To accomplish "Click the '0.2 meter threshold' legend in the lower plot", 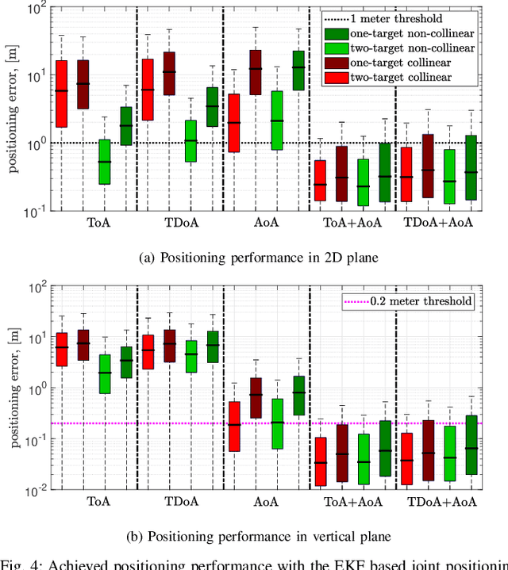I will point(408,301).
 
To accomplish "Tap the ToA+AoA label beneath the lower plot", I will point(352,502).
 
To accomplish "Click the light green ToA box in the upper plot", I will point(104,162).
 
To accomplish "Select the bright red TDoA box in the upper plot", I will point(147,90).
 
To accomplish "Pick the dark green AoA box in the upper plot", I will point(298,71).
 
